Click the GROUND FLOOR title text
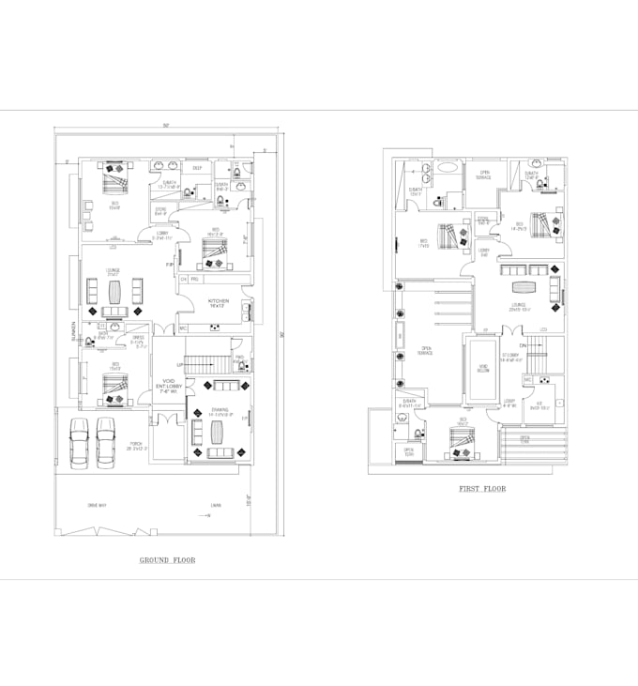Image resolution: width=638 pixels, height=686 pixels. point(167,560)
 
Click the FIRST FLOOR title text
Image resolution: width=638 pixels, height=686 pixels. point(481,489)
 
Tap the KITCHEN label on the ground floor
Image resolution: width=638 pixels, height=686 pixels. point(219,303)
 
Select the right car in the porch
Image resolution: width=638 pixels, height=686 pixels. point(105,441)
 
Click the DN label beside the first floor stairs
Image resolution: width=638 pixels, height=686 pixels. point(524,345)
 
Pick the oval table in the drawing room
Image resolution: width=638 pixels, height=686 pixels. point(218,432)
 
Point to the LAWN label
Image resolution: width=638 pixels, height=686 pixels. point(216,507)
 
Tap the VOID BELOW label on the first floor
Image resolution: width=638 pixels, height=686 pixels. point(483,369)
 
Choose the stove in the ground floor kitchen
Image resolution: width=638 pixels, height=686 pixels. point(215,328)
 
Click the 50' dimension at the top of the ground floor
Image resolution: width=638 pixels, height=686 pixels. point(165,125)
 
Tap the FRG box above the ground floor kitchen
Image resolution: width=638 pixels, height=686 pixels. point(195,279)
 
